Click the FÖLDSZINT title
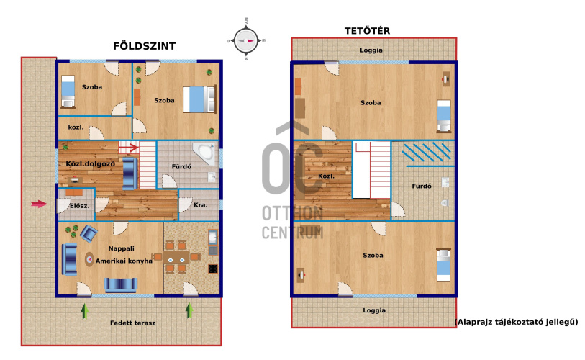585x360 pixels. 145,46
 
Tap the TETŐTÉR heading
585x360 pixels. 367,31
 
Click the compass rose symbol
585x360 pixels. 246,40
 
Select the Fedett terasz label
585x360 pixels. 133,323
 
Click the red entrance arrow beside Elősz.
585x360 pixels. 39,204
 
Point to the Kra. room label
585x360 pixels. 200,205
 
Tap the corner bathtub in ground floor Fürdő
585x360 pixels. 204,153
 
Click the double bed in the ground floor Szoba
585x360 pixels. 199,99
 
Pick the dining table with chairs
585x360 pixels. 176,257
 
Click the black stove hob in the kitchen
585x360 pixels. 213,269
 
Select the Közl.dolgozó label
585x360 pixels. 90,164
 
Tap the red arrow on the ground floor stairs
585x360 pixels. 129,148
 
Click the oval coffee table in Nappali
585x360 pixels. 89,259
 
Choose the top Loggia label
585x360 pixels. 371,50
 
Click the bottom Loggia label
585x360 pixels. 374,311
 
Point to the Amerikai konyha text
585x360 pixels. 124,261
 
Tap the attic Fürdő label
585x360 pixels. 422,186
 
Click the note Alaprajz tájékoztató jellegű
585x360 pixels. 517,322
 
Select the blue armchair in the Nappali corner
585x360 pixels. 89,233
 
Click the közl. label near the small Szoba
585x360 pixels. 76,127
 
